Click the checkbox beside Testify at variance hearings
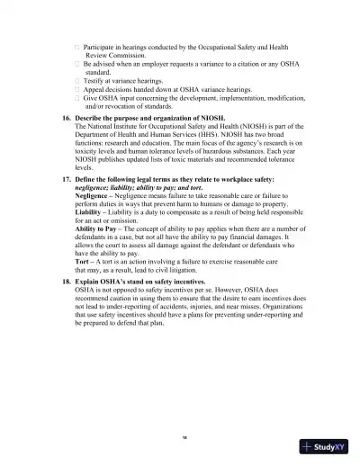(76, 80)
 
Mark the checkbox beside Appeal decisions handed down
(76, 90)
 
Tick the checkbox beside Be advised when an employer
(76, 64)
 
